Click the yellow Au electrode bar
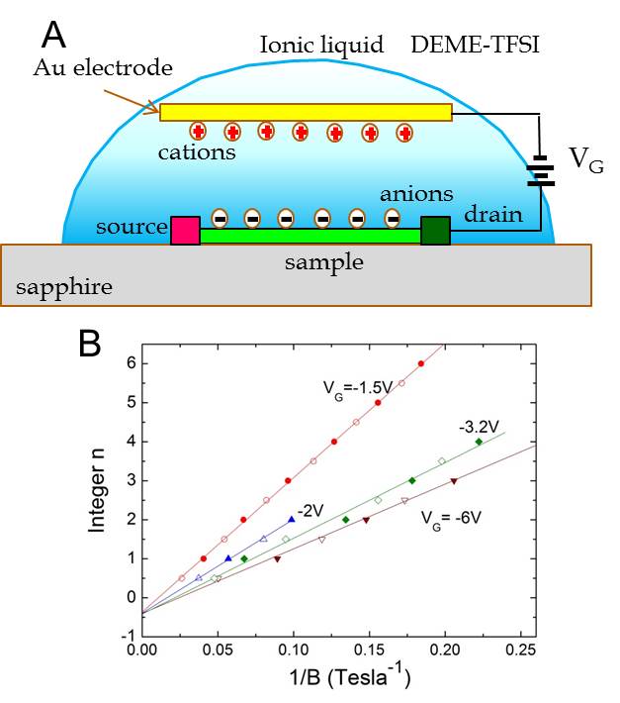pyautogui.click(x=306, y=112)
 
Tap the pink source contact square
pyautogui.click(x=185, y=231)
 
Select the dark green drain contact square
pyautogui.click(x=435, y=231)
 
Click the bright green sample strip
pyautogui.click(x=310, y=236)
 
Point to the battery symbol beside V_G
pyautogui.click(x=541, y=170)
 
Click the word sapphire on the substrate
pyautogui.click(x=64, y=287)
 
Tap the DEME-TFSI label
pyautogui.click(x=475, y=45)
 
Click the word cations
pyautogui.click(x=197, y=152)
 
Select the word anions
pyautogui.click(x=416, y=194)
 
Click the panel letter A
pyautogui.click(x=53, y=35)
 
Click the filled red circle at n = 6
pyautogui.click(x=421, y=363)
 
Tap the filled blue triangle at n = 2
pyautogui.click(x=292, y=519)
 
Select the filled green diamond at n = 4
pyautogui.click(x=479, y=442)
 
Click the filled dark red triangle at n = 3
pyautogui.click(x=454, y=481)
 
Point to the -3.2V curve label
pyautogui.click(x=479, y=427)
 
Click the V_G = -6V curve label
pyautogui.click(x=451, y=519)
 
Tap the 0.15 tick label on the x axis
pyautogui.click(x=369, y=650)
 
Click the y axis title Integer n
pyautogui.click(x=96, y=490)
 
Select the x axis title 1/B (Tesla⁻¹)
pyautogui.click(x=350, y=676)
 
